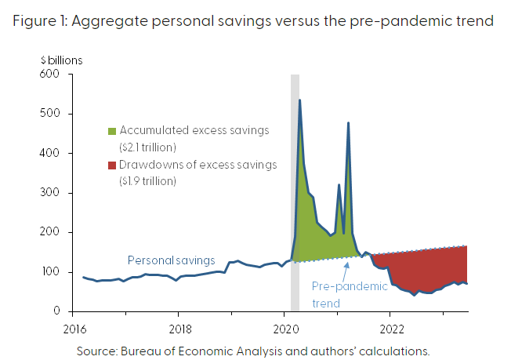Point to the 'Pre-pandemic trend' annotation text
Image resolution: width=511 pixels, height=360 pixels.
[350, 294]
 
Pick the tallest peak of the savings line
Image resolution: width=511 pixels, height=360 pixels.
[299, 100]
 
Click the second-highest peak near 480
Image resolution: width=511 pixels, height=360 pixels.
[348, 123]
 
